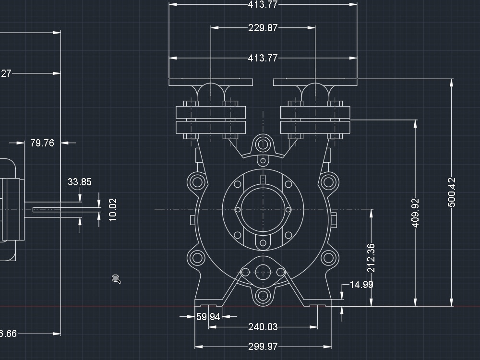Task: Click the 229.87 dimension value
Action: click(x=263, y=28)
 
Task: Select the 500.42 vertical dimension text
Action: click(x=452, y=192)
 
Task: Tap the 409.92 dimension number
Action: click(x=416, y=213)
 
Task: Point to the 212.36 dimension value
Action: click(x=371, y=258)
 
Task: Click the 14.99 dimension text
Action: click(x=361, y=285)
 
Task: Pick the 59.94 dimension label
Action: click(x=208, y=317)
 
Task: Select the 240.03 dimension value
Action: click(x=263, y=327)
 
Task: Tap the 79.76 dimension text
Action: click(x=42, y=143)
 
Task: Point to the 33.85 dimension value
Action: click(x=80, y=182)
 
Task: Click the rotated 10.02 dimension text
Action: click(x=113, y=210)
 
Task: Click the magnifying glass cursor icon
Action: click(x=116, y=279)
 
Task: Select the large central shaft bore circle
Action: click(x=263, y=210)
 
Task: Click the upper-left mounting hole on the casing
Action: click(x=197, y=182)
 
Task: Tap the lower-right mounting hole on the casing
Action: click(x=328, y=259)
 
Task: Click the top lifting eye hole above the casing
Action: click(x=263, y=144)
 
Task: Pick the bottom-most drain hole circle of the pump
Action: click(x=263, y=296)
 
